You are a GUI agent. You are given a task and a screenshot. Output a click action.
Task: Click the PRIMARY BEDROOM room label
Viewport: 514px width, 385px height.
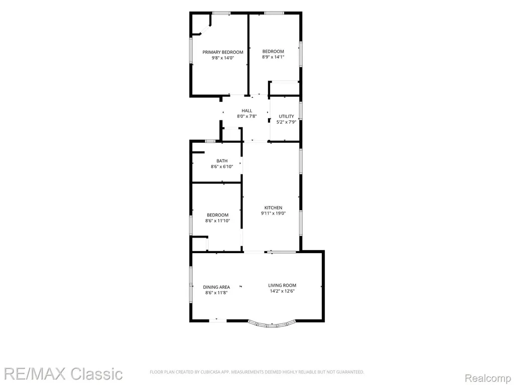click(222, 52)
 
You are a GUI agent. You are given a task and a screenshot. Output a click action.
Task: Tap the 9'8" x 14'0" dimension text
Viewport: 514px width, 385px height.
click(222, 58)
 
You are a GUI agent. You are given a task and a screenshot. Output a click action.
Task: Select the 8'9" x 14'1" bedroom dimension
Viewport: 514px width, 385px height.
click(273, 57)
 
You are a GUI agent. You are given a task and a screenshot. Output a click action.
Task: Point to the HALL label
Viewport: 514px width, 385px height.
click(247, 111)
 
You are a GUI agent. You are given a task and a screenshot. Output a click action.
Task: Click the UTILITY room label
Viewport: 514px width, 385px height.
click(287, 116)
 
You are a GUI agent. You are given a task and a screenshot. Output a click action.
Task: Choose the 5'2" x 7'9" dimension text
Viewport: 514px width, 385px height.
click(287, 122)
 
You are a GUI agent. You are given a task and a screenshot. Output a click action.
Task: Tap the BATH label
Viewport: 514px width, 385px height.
click(222, 161)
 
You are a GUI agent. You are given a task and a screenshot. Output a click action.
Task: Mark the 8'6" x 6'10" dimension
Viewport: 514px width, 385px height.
click(222, 166)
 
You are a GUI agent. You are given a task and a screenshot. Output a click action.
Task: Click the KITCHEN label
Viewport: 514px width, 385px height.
click(274, 208)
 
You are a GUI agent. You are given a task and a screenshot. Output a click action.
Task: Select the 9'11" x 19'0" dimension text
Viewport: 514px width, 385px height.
click(274, 214)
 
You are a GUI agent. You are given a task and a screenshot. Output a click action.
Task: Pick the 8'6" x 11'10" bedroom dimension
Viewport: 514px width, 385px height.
click(218, 221)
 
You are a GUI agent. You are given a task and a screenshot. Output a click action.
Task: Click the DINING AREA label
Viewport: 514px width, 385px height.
click(216, 287)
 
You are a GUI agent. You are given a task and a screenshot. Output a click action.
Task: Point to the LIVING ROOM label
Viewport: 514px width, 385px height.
click(282, 285)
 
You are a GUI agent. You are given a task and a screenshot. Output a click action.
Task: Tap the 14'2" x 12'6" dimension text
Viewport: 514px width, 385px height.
click(282, 291)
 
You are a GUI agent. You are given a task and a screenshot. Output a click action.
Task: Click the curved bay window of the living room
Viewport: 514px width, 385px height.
click(272, 325)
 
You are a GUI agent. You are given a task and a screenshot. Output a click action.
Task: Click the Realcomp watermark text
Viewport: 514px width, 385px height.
click(488, 378)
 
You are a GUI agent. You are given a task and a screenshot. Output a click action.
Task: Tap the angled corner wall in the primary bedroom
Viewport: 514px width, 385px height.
click(205, 30)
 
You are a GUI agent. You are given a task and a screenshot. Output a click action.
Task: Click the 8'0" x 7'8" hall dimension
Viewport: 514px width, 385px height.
click(247, 116)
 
